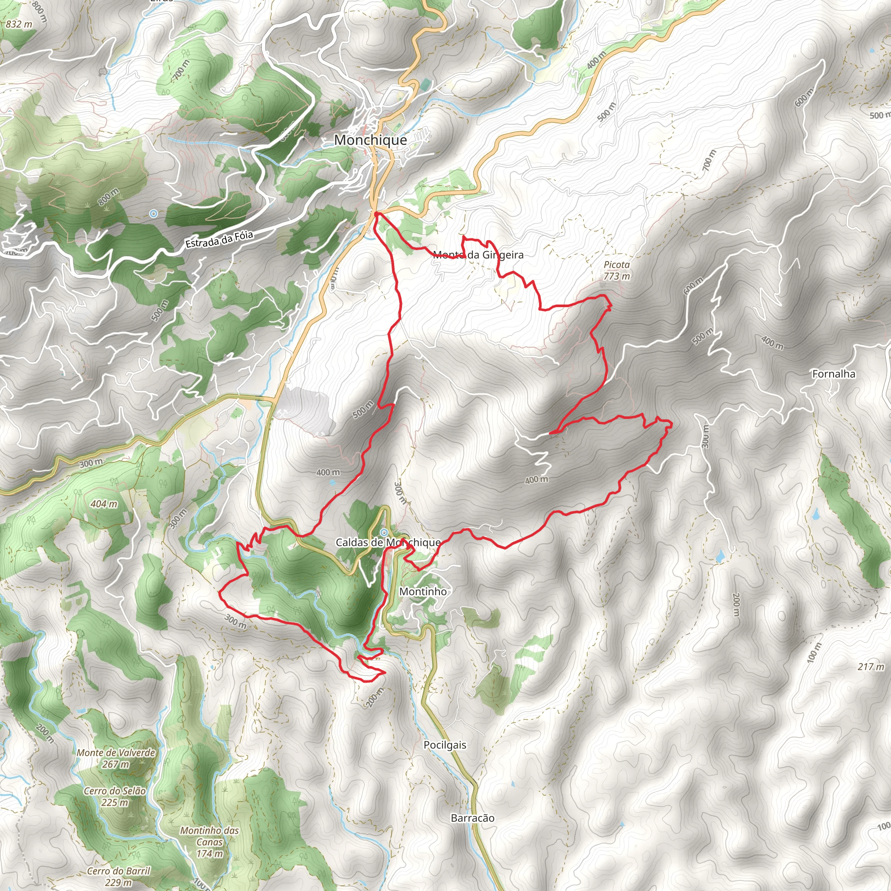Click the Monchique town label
pos(370,140)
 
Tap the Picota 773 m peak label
pos(616,271)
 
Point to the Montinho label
pos(423,591)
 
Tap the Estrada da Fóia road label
pos(219,239)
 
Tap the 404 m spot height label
pos(104,504)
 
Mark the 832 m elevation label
pos(19,24)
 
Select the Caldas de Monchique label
pos(387,543)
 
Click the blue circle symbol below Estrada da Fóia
pos(154,214)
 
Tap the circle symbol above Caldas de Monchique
pos(383,532)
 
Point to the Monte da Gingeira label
pos(478,255)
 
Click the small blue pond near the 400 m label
pos(332,483)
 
